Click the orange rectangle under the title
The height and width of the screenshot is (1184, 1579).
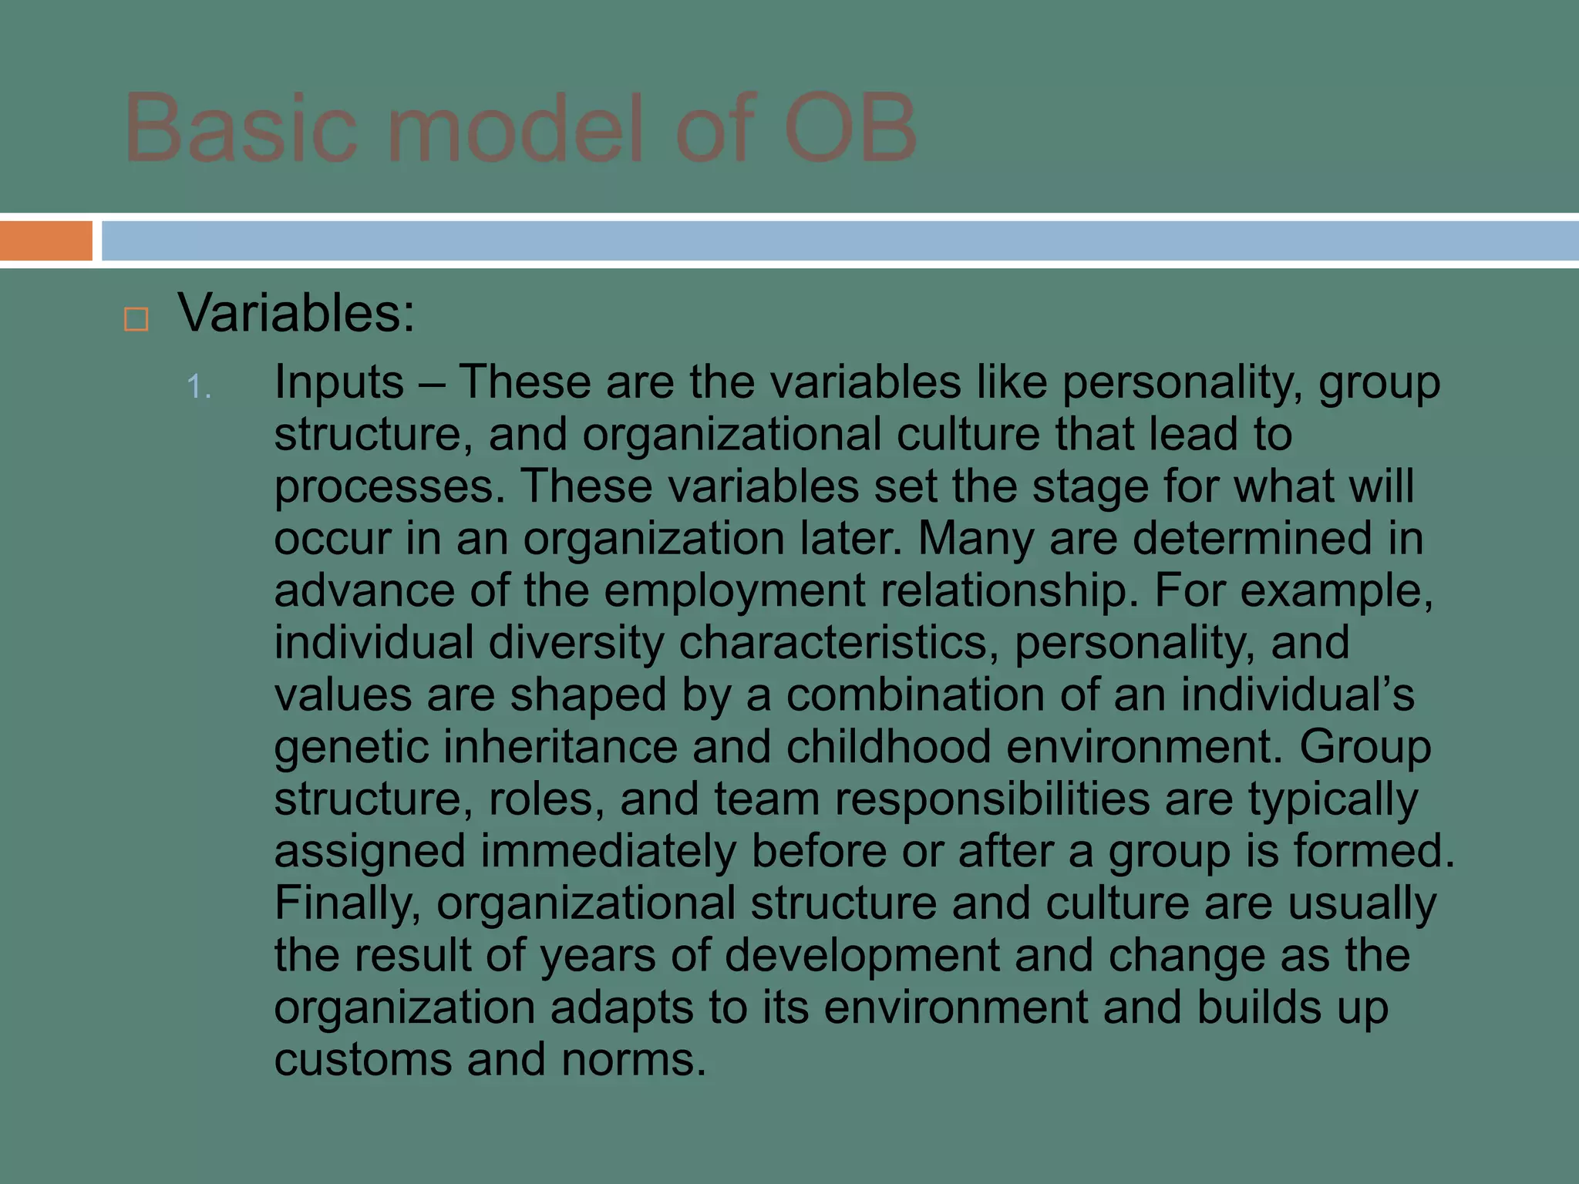click(x=45, y=240)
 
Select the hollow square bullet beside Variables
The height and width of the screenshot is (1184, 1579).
click(x=136, y=318)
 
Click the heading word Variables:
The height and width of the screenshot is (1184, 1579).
click(x=296, y=314)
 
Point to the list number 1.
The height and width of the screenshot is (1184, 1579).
click(x=198, y=387)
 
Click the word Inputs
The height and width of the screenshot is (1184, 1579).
click(x=339, y=382)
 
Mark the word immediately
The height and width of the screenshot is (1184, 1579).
click(x=608, y=852)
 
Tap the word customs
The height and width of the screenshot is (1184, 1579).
click(x=362, y=1060)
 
